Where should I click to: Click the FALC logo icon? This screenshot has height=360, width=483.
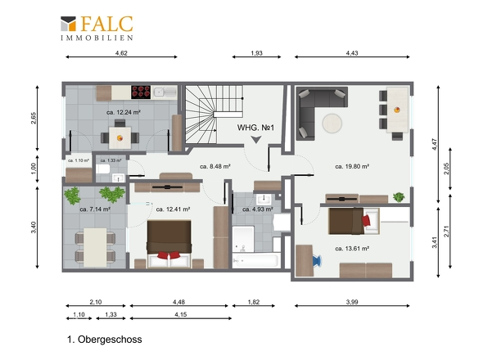point(68,24)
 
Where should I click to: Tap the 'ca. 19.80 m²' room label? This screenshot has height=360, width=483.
point(352,167)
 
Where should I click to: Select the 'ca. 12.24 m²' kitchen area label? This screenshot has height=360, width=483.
point(124,112)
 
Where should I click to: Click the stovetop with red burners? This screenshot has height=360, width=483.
point(141,92)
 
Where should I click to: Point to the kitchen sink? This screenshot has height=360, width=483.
point(165,92)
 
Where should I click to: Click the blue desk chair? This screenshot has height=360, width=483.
point(317,261)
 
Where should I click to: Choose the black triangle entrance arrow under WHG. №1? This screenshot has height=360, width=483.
point(255,140)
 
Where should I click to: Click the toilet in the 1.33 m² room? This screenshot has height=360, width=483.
point(102,169)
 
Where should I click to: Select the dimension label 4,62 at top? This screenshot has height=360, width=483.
point(121,53)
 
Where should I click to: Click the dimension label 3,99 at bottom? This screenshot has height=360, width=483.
point(352,302)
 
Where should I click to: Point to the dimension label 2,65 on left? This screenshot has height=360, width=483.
point(34,119)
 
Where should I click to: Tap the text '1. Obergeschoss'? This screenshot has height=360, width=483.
point(105,340)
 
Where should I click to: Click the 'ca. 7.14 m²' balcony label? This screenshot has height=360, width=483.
point(95,209)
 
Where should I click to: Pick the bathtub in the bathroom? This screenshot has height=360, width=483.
point(255,261)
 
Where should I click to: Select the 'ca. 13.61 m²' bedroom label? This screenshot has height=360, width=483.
point(352,249)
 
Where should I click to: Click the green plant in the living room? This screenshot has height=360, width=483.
point(399,197)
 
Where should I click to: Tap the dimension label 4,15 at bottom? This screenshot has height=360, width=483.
point(180,314)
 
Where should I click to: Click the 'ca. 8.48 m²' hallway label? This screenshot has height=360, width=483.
point(215,167)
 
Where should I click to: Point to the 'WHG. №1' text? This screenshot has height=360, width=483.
point(255,128)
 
